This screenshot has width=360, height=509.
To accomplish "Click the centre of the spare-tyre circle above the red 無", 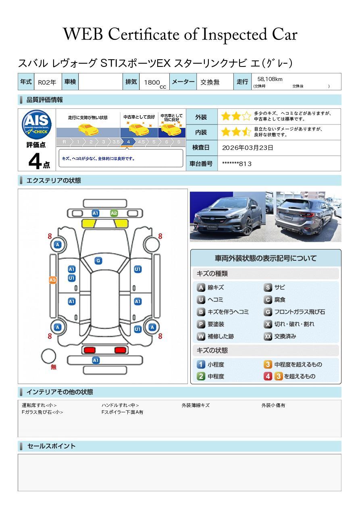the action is tap(48, 356).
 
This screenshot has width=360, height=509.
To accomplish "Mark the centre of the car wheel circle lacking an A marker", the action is tap(151, 245).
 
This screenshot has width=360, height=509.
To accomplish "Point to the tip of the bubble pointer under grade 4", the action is tap(127, 148).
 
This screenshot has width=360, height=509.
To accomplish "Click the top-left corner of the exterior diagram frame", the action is tap(18, 189).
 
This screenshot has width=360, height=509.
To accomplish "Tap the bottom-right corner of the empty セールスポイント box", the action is tap(341, 491).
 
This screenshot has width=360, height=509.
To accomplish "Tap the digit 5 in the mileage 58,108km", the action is tap(259, 79).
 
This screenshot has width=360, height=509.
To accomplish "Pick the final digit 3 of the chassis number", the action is tap(250, 164).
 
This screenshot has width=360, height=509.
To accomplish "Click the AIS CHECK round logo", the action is tap(37, 125).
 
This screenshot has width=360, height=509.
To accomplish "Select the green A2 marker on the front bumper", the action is tap(114, 213).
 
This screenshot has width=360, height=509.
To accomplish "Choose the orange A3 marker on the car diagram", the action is tap(53, 280).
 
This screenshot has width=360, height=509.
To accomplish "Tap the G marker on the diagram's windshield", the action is tap(98, 261).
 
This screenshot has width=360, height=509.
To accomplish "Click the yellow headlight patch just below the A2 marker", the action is tap(121, 224).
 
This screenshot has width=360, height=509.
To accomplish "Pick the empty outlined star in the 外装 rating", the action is tap(246, 116).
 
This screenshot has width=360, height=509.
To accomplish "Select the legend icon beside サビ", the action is tap(268, 287).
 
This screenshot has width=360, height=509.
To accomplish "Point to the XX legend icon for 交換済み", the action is tap(268, 336).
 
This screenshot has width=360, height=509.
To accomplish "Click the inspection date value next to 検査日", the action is tap(248, 148).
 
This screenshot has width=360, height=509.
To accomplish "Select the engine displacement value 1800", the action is tap(152, 82).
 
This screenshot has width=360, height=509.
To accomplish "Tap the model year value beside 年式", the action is tap(47, 82).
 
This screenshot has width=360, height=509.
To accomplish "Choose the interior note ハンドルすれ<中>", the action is tap(120, 405).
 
